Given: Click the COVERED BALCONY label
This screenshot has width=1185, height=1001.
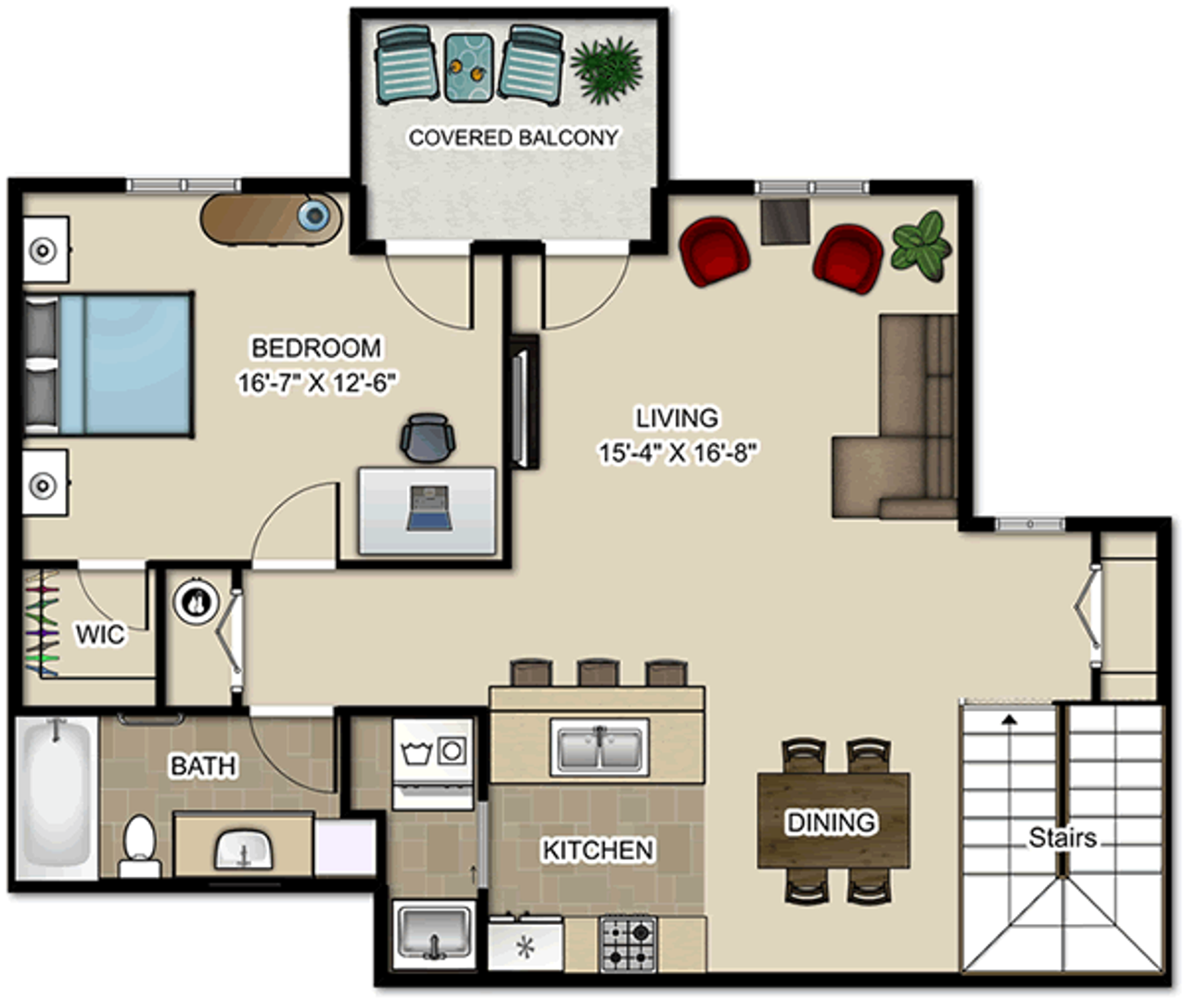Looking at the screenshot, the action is pyautogui.click(x=513, y=137).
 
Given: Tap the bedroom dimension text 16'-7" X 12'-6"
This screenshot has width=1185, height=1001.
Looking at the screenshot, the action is pyautogui.click(x=316, y=383).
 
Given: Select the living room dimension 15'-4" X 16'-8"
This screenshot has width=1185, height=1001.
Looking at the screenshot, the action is pyautogui.click(x=678, y=453).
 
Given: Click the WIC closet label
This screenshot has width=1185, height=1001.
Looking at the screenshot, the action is pyautogui.click(x=100, y=634).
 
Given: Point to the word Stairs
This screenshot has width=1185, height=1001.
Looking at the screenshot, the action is pyautogui.click(x=1063, y=838).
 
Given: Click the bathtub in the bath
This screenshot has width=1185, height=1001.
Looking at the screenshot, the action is pyautogui.click(x=56, y=797).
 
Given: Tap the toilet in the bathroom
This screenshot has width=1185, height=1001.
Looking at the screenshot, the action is pyautogui.click(x=140, y=846).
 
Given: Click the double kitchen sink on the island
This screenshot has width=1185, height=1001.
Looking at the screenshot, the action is pyautogui.click(x=599, y=747).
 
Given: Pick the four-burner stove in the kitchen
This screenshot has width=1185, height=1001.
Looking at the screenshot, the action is pyautogui.click(x=629, y=944).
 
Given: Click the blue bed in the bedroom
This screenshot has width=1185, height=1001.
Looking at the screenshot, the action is pyautogui.click(x=108, y=364).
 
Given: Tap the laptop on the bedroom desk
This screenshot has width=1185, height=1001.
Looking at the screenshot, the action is pyautogui.click(x=429, y=508).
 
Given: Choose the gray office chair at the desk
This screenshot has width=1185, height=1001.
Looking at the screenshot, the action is pyautogui.click(x=427, y=437).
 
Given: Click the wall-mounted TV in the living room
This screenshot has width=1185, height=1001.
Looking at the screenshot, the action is pyautogui.click(x=523, y=401).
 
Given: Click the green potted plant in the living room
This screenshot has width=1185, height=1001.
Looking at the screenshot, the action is pyautogui.click(x=922, y=246).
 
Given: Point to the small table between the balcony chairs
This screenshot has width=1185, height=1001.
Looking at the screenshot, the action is pyautogui.click(x=468, y=68).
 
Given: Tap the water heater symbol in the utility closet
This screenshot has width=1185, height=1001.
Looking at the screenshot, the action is pyautogui.click(x=196, y=602).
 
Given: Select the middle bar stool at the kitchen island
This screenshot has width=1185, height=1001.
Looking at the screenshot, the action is pyautogui.click(x=599, y=673).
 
